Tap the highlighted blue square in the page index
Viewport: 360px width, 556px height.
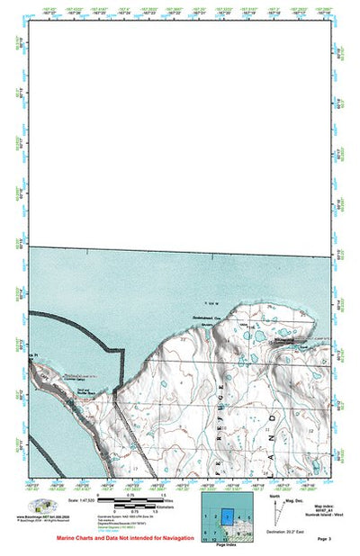pyautogui.click(x=228, y=516)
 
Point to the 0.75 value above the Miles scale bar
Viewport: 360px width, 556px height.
pyautogui.click(x=130, y=495)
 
